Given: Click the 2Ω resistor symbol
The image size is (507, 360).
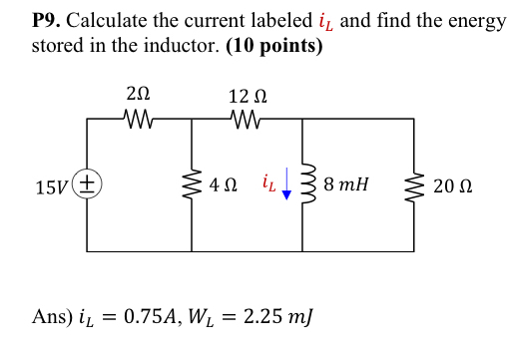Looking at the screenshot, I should pyautogui.click(x=139, y=119).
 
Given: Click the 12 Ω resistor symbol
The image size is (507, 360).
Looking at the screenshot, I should pyautogui.click(x=246, y=119).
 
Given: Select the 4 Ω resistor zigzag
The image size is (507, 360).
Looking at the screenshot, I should pyautogui.click(x=191, y=184).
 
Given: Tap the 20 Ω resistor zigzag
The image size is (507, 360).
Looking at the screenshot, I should pyautogui.click(x=414, y=184).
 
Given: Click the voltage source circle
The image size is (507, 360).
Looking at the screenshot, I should pyautogui.click(x=87, y=184).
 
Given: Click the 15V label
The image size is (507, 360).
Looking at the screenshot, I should pyautogui.click(x=51, y=186).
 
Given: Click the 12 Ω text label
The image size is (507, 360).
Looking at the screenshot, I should pyautogui.click(x=246, y=97).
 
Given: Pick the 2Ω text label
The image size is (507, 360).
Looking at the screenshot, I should pyautogui.click(x=139, y=96).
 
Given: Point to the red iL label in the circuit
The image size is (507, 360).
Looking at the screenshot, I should pyautogui.click(x=266, y=183).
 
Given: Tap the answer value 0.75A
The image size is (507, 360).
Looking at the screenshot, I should pyautogui.click(x=174, y=318).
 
